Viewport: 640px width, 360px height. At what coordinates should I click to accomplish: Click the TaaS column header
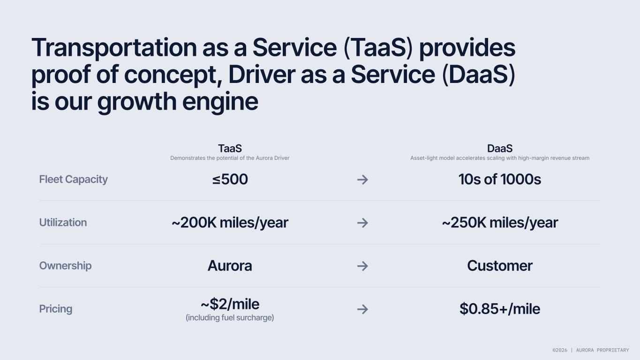point(230,149)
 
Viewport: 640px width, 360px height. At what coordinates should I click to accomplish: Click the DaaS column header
point(500,149)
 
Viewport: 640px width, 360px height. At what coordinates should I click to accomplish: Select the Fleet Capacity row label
point(74,180)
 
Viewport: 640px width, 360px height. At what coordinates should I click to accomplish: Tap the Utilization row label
point(63,223)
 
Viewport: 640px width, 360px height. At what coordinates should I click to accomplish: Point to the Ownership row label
point(66,266)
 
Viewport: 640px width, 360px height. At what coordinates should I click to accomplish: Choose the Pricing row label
point(56,309)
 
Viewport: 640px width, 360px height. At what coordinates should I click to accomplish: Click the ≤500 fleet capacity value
point(230,180)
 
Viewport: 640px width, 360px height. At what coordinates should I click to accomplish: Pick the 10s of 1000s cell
point(500,180)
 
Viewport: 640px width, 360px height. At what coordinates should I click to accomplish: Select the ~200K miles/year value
point(230,223)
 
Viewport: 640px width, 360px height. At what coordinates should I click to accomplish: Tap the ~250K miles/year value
point(500,223)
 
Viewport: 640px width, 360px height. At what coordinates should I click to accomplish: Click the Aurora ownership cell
point(230,266)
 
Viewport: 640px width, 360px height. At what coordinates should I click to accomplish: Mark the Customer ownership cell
point(500,266)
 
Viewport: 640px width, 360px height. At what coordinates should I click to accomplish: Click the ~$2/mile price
point(230,304)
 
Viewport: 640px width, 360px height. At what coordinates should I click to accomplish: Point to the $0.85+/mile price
point(500,309)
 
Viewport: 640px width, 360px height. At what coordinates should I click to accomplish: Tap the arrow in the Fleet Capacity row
point(362,180)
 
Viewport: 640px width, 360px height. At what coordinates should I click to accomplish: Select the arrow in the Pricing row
point(362,309)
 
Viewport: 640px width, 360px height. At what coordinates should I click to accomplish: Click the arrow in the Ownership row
point(362,266)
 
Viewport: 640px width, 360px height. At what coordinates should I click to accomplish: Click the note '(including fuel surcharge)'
point(230,318)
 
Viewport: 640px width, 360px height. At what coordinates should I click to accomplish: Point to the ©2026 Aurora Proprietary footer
point(591,350)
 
